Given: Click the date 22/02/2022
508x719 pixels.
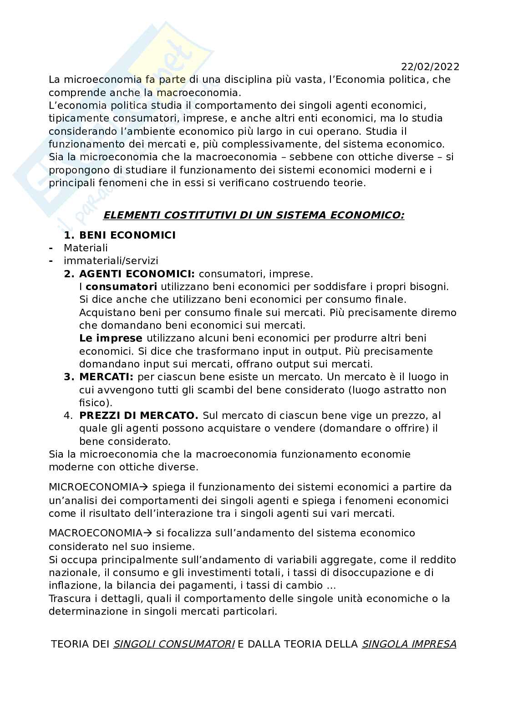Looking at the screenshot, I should [430, 66].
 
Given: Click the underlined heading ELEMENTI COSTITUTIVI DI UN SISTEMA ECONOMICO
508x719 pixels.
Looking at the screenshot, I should [254, 215].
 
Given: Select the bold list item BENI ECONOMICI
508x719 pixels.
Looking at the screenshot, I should [127, 235].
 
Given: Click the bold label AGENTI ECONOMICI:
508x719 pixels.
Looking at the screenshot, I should [137, 274].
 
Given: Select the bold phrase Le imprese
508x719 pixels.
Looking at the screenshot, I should [111, 338].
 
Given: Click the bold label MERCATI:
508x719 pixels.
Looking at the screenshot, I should [106, 377].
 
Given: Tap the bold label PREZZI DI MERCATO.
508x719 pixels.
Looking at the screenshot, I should [138, 415].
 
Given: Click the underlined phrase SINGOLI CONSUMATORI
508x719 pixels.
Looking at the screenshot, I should [174, 644].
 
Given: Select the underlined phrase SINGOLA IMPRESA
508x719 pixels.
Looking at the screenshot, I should [409, 644].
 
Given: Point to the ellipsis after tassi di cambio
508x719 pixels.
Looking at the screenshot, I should [331, 585].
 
